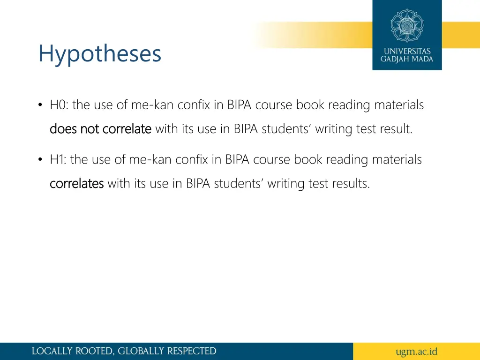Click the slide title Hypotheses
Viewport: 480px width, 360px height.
coord(100,54)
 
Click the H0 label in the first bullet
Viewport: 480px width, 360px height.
coord(59,105)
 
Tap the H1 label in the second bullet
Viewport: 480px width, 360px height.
coord(58,160)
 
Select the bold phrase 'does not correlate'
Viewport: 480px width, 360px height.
coord(100,128)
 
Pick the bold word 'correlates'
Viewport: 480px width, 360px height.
coord(76,183)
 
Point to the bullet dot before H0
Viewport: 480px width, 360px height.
coord(41,105)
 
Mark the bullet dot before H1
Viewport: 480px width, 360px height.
coord(41,160)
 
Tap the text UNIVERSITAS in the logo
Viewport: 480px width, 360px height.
coord(407,51)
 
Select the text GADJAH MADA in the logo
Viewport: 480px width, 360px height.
coord(407,60)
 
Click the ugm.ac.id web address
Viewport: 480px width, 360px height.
coord(416,351)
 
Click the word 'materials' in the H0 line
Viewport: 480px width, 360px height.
coord(399,105)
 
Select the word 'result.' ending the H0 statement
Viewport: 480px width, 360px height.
coord(397,128)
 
